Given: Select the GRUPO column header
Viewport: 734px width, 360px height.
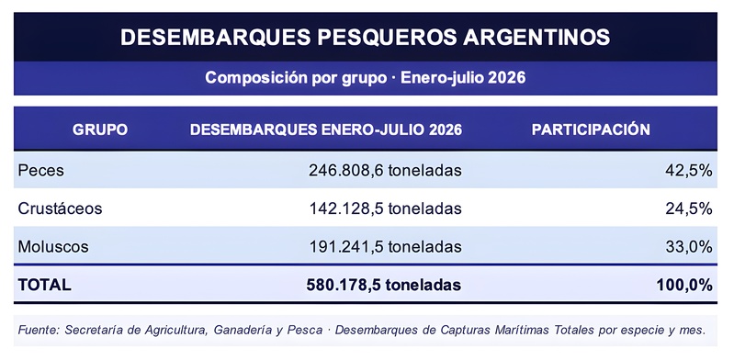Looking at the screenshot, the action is (x=100, y=129).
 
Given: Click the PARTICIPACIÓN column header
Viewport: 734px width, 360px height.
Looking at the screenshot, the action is (x=591, y=129).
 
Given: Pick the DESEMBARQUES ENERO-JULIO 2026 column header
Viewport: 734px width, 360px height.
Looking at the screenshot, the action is (x=326, y=129).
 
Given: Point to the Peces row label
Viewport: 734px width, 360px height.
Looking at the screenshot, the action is (x=40, y=171).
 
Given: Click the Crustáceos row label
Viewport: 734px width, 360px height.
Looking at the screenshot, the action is (x=60, y=208).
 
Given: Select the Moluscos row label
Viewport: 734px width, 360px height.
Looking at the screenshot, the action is (x=53, y=246).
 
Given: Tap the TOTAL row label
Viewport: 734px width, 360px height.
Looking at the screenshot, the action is (x=44, y=285).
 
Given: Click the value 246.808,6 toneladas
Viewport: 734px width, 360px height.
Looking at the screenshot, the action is (x=385, y=171).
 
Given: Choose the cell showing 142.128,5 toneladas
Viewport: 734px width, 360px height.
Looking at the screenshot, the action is (x=385, y=208).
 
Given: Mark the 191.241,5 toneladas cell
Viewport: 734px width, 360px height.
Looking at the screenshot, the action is (x=385, y=246).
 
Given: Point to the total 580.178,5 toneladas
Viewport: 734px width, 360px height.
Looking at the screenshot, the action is (x=384, y=285).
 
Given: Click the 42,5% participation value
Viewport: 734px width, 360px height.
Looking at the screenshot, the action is (x=689, y=171).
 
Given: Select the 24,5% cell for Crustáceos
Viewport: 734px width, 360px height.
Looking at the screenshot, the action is (x=689, y=208).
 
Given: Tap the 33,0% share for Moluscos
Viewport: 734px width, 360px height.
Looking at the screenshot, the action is (x=689, y=246).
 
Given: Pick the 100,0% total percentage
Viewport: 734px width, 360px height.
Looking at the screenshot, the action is (x=684, y=285).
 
